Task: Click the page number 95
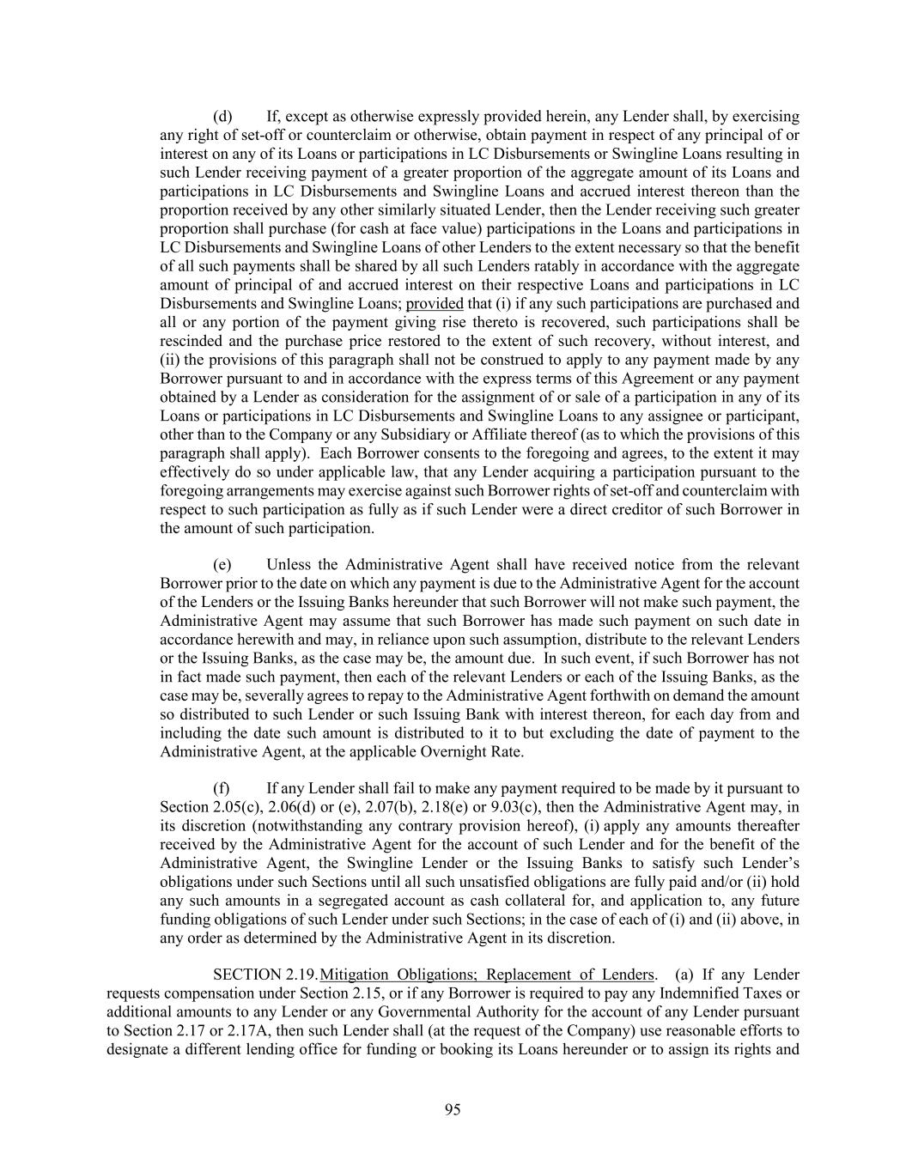453,1109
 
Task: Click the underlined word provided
435,303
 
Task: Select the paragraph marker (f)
222,788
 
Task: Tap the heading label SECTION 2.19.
265,975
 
